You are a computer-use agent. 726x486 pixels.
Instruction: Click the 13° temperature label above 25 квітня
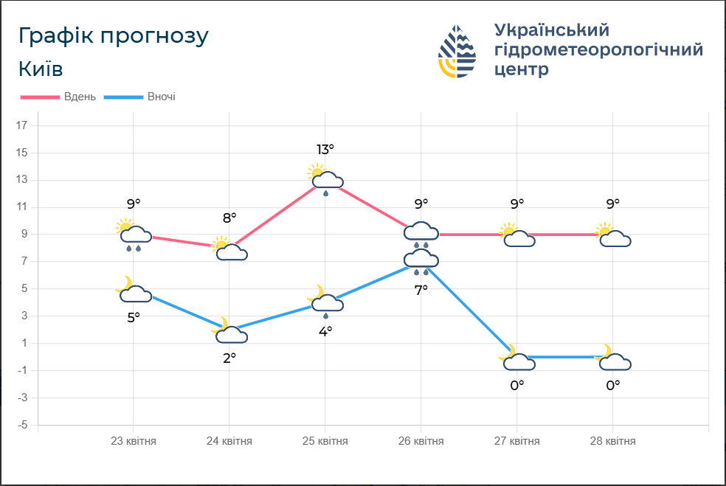(325, 150)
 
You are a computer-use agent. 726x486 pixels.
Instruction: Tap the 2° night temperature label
(229, 358)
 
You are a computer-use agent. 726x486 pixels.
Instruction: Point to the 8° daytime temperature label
(229, 218)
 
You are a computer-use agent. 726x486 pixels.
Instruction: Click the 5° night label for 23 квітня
(133, 318)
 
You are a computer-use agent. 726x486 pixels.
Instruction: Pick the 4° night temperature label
(325, 331)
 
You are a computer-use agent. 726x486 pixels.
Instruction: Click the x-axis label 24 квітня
(229, 441)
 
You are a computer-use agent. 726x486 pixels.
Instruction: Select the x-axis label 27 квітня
(516, 441)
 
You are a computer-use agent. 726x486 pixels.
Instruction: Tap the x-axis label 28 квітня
(612, 441)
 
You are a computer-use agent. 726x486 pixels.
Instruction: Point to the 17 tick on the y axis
(21, 126)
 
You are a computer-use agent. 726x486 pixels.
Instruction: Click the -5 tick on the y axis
(21, 426)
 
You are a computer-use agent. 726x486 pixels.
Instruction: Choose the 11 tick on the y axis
(21, 208)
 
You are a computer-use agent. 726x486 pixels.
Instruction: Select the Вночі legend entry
(161, 97)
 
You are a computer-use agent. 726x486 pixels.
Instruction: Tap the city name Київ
(41, 69)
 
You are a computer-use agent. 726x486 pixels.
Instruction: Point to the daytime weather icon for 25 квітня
(325, 179)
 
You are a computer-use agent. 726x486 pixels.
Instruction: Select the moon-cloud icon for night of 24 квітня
(230, 333)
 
